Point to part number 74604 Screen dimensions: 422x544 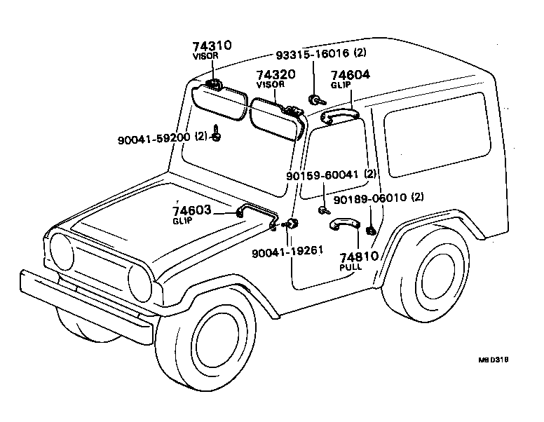(x=351, y=75)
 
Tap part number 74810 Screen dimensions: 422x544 (x=358, y=257)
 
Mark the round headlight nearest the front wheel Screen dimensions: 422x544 (x=140, y=280)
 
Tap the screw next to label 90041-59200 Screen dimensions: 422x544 (x=218, y=134)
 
